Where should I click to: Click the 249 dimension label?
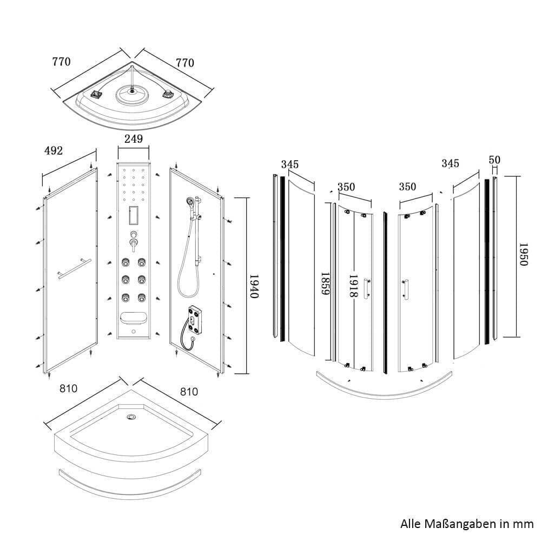pyautogui.click(x=133, y=139)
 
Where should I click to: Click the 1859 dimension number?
pyautogui.click(x=326, y=283)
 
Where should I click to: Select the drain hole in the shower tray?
pyautogui.click(x=131, y=417)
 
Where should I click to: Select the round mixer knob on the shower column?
pyautogui.click(x=134, y=235)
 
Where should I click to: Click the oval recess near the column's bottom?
pyautogui.click(x=133, y=318)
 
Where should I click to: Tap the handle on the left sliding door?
pyautogui.click(x=367, y=288)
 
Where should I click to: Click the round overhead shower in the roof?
pyautogui.click(x=131, y=94)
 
